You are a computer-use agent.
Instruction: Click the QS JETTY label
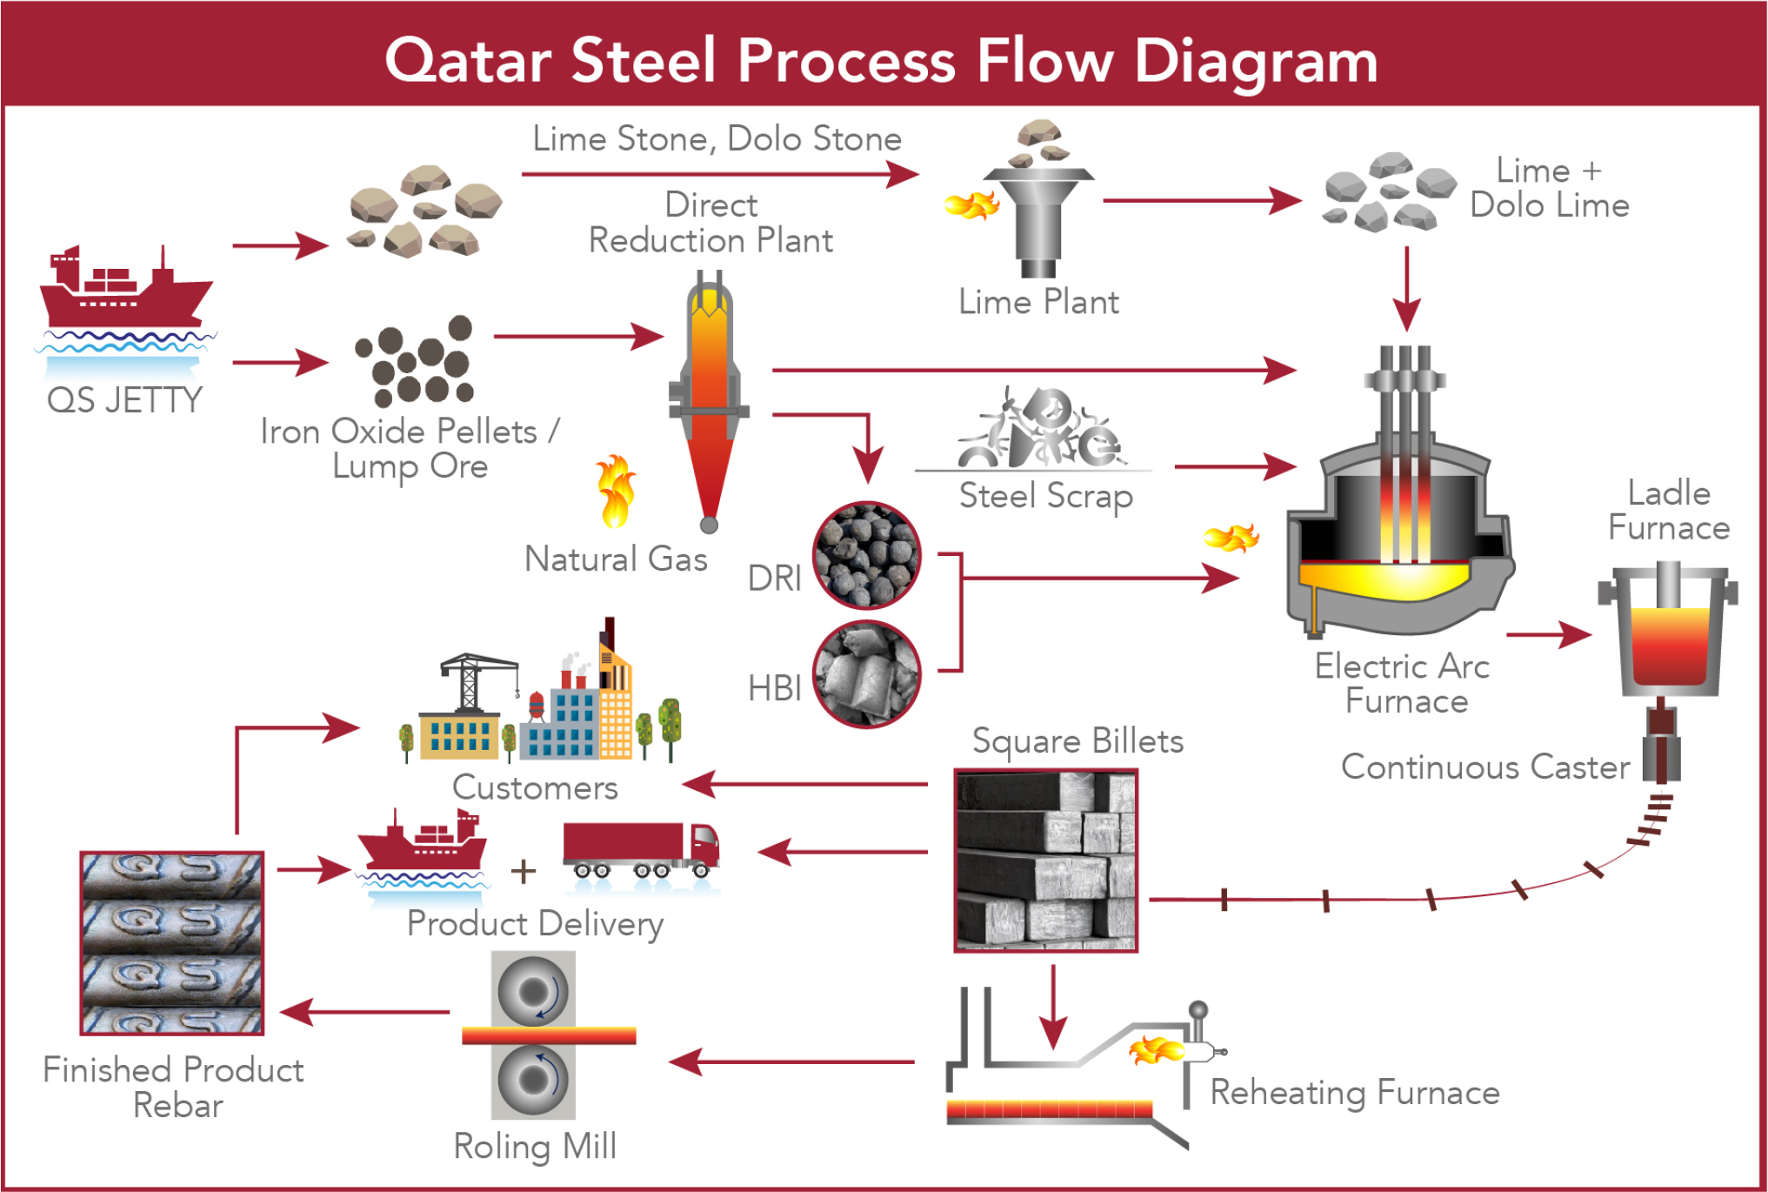(x=124, y=400)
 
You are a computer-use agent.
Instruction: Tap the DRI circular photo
(x=866, y=555)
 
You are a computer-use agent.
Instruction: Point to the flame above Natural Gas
(x=616, y=492)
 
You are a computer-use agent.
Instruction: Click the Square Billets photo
(x=1045, y=861)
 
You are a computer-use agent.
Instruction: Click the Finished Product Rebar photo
(x=171, y=943)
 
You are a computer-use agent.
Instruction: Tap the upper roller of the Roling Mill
(x=533, y=992)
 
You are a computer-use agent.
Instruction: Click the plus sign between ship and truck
(x=523, y=871)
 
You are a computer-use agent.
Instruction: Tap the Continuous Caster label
(x=1484, y=767)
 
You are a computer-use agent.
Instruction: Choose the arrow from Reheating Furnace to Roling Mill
(x=791, y=1061)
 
